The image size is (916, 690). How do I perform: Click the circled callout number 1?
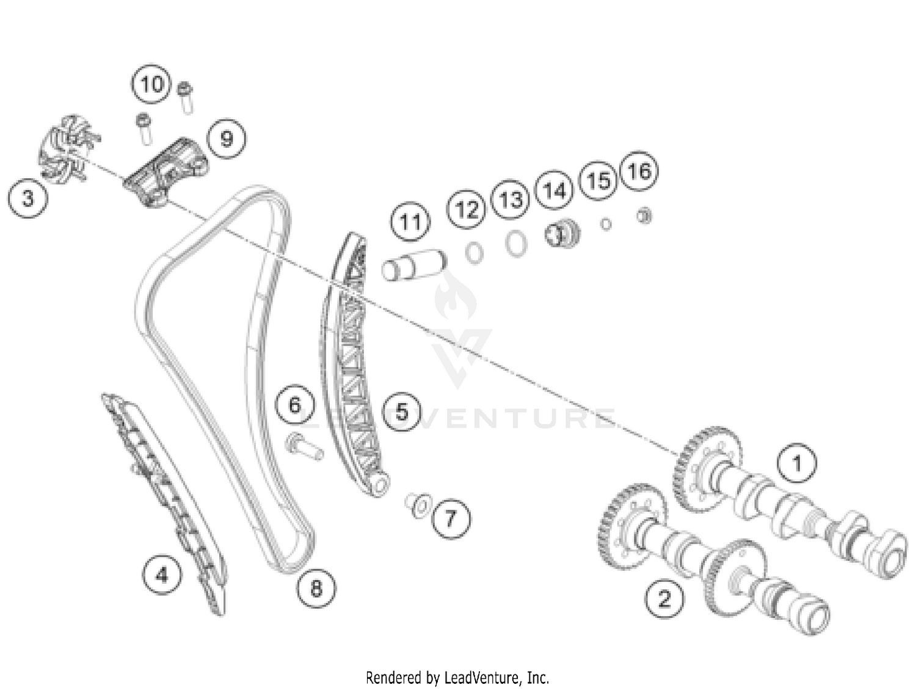pyautogui.click(x=796, y=463)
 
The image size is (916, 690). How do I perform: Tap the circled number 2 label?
pyautogui.click(x=664, y=598)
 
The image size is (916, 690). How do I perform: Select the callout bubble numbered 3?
pyautogui.click(x=27, y=198)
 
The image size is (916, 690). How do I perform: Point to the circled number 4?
pyautogui.click(x=162, y=575)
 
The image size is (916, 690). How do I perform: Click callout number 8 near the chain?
pyautogui.click(x=316, y=589)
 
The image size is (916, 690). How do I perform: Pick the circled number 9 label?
pyautogui.click(x=226, y=139)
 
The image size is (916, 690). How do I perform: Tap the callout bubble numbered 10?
pyautogui.click(x=151, y=84)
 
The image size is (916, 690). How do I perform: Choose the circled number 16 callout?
pyautogui.click(x=639, y=171)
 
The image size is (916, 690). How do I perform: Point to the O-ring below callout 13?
pyautogui.click(x=516, y=244)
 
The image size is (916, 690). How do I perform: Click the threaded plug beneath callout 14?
pyautogui.click(x=562, y=232)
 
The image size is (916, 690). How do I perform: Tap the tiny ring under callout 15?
pyautogui.click(x=606, y=225)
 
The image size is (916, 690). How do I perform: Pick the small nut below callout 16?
pyautogui.click(x=644, y=216)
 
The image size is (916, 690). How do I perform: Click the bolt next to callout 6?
pyautogui.click(x=304, y=448)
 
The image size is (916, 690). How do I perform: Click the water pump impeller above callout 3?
pyautogui.click(x=69, y=148)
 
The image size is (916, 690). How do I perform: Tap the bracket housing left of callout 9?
pyautogui.click(x=166, y=172)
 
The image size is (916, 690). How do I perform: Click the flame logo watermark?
pyautogui.click(x=455, y=296)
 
